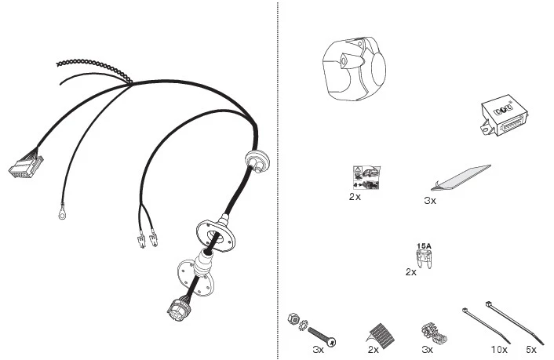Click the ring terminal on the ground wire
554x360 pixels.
[62, 213]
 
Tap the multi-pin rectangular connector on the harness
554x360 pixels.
[26, 166]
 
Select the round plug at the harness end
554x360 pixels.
[179, 309]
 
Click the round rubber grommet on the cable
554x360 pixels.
[257, 160]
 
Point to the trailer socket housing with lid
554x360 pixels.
[354, 68]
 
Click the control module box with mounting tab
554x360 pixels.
[505, 115]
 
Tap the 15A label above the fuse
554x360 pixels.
[424, 246]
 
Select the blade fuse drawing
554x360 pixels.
[424, 260]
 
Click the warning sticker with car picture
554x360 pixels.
[366, 177]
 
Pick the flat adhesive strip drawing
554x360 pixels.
[461, 178]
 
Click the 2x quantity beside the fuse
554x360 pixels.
[410, 272]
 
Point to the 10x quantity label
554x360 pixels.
[499, 350]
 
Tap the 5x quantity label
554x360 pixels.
[530, 350]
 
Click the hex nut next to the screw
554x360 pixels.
[293, 318]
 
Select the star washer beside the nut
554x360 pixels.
[303, 325]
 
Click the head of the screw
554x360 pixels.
[331, 342]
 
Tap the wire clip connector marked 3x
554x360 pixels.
[434, 335]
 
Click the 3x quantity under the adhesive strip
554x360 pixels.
[430, 201]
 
